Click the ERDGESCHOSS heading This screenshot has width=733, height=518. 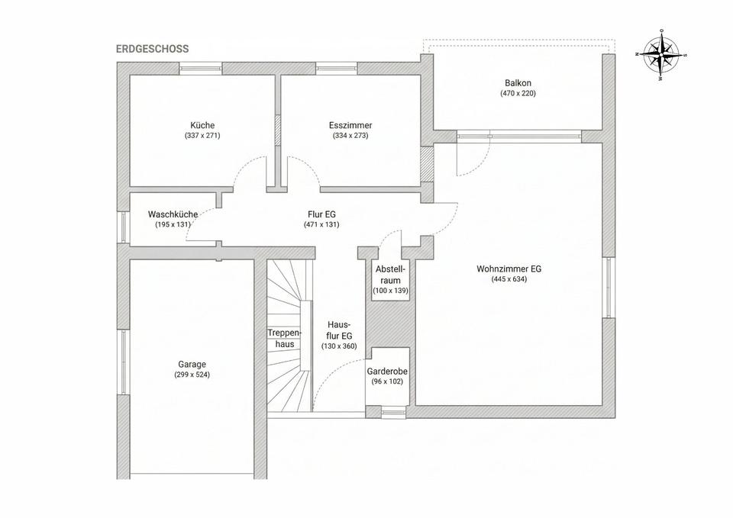(153, 49)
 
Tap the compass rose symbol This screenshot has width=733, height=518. (661, 55)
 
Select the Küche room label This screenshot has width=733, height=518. (202, 125)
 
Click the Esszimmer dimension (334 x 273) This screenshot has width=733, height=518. (350, 136)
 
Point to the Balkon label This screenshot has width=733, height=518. (518, 83)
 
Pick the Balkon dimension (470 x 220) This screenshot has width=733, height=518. (518, 93)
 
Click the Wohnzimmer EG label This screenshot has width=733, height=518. (509, 269)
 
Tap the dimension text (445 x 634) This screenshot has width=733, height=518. (509, 279)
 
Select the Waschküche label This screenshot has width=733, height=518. (173, 214)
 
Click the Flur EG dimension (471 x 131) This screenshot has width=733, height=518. (321, 224)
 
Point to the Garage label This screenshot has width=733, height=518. (192, 365)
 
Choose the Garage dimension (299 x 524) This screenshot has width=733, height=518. (192, 375)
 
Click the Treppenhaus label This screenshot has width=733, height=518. (285, 339)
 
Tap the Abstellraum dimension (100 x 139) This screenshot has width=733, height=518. (390, 291)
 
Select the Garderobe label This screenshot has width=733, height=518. (387, 372)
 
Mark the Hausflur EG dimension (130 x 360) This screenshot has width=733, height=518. (339, 346)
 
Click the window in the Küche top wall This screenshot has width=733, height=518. (201, 69)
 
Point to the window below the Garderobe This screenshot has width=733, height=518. (394, 413)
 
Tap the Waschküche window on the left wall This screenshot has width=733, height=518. (123, 227)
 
